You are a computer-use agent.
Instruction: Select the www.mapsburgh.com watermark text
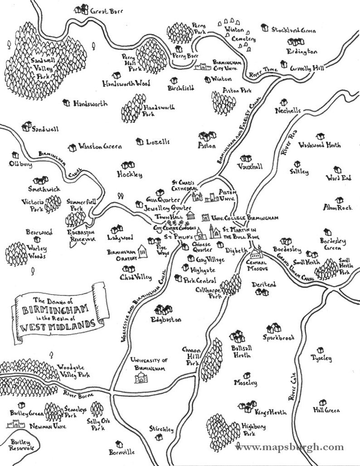[289, 447]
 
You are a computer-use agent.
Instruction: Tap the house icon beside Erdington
[292, 42]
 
